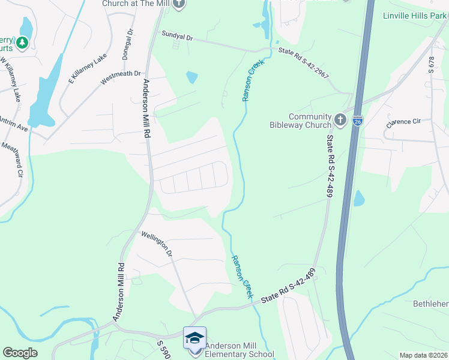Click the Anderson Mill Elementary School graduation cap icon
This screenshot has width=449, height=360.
194,338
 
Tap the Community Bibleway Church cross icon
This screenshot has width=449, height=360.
340,120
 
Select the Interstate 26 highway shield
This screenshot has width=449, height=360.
358,121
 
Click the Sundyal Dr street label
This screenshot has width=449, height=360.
177,37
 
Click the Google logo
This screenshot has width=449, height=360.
20,353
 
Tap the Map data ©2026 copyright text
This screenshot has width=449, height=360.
423,355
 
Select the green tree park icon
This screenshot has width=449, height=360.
22,43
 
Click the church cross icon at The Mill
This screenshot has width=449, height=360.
179,4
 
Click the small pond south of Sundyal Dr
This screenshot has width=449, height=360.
191,77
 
